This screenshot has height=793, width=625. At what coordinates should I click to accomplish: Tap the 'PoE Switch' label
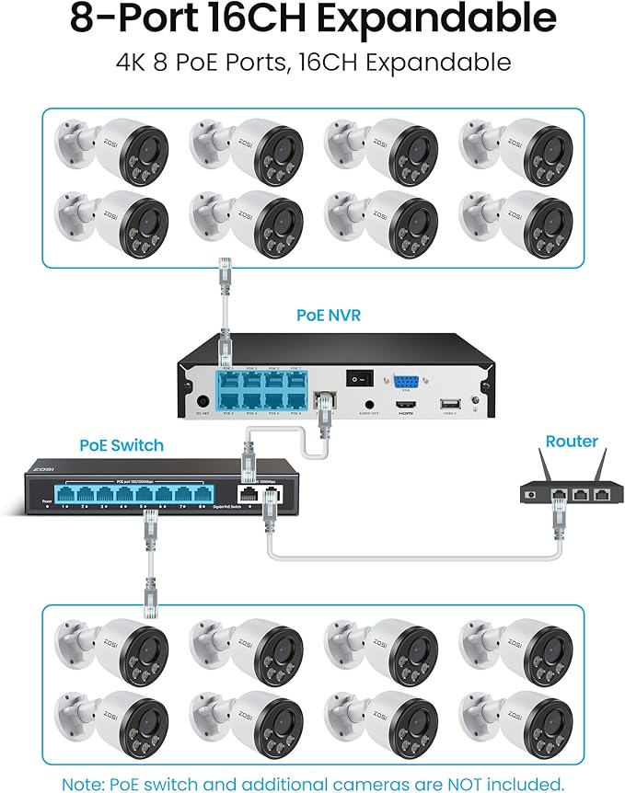(121, 445)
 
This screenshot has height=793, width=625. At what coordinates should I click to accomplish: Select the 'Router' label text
(572, 441)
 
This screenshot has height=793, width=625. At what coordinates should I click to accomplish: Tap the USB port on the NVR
(448, 404)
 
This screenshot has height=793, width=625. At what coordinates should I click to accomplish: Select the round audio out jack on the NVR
(369, 402)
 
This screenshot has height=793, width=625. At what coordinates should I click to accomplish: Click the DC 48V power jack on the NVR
(202, 401)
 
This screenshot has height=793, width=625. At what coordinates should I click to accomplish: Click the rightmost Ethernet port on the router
(600, 494)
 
